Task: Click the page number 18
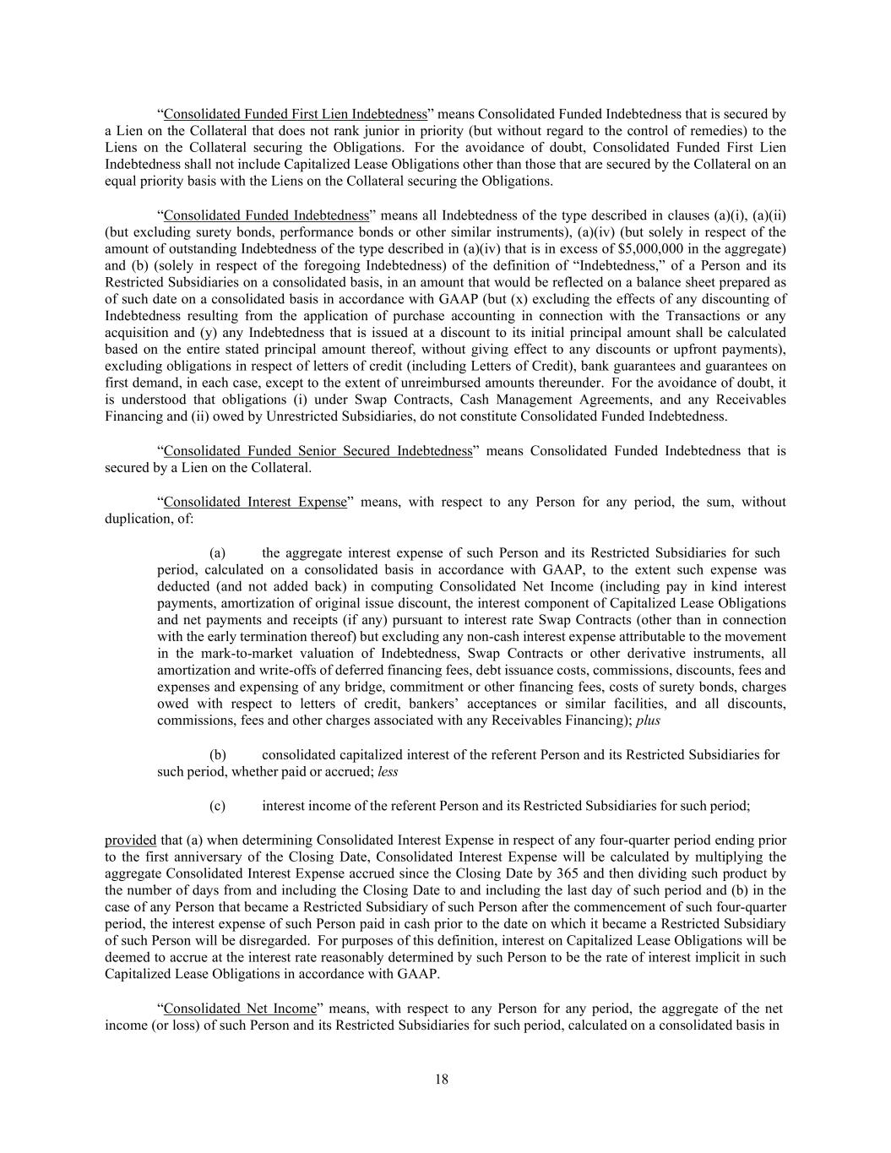(x=442, y=1080)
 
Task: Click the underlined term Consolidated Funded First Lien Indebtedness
(x=295, y=114)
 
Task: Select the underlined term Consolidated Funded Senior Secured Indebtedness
(x=318, y=451)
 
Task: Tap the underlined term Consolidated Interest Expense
(x=255, y=502)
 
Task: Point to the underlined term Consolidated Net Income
(x=240, y=1009)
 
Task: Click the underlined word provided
(x=130, y=840)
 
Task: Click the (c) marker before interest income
(x=217, y=806)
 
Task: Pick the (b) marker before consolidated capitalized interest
(x=217, y=754)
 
